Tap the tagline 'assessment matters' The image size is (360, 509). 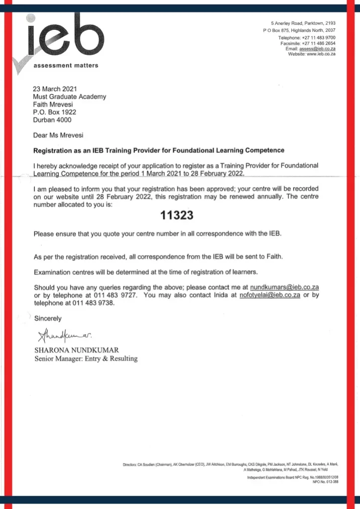point(65,65)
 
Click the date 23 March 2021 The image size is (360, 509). point(55,90)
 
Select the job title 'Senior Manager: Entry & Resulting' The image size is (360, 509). point(85,358)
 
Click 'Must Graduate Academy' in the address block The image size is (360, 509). point(69,98)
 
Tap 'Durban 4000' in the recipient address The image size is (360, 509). point(52,120)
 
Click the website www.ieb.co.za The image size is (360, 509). point(321,54)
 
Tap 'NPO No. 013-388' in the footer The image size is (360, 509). point(325,482)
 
